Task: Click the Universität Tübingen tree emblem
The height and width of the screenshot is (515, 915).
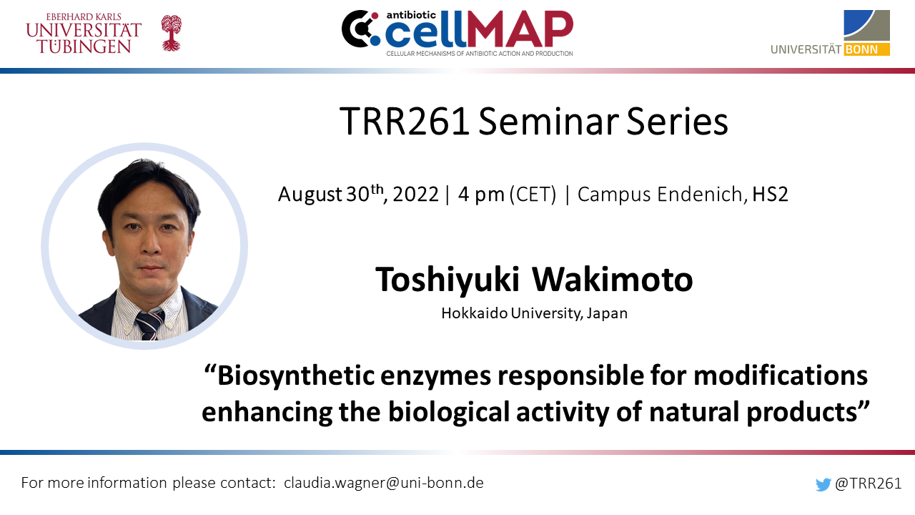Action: pyautogui.click(x=171, y=33)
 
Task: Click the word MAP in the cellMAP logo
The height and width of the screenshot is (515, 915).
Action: pyautogui.click(x=519, y=29)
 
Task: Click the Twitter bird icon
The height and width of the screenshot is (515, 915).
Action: pyautogui.click(x=823, y=484)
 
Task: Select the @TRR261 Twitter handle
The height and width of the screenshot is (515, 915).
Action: pyautogui.click(x=868, y=484)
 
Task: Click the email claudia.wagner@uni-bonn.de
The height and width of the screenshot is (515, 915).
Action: pyautogui.click(x=384, y=483)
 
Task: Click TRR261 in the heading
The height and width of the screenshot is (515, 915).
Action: pyautogui.click(x=405, y=122)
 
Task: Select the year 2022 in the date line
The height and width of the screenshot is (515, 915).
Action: pyautogui.click(x=416, y=194)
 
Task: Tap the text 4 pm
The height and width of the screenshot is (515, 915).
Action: pyautogui.click(x=481, y=195)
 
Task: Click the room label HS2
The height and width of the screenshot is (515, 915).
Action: pyautogui.click(x=770, y=194)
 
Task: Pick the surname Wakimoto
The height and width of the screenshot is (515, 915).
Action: pyautogui.click(x=613, y=280)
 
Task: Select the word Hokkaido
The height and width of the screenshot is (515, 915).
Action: pyautogui.click(x=474, y=313)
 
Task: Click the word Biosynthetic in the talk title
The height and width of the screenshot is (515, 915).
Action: pyautogui.click(x=296, y=376)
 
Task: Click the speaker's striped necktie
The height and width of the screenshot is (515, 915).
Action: pyautogui.click(x=150, y=325)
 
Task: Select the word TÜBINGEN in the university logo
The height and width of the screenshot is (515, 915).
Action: pyautogui.click(x=84, y=46)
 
